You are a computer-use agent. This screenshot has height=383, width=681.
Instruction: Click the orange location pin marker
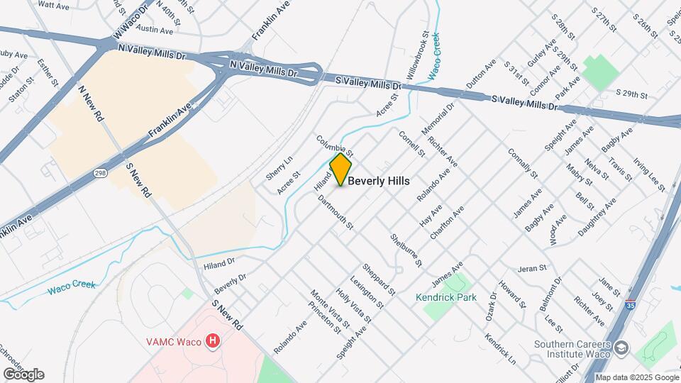pyautogui.click(x=341, y=169)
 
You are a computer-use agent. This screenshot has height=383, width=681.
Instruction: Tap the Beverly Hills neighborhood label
pyautogui.click(x=379, y=182)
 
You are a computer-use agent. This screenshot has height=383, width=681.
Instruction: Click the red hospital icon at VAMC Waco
pyautogui.click(x=212, y=342)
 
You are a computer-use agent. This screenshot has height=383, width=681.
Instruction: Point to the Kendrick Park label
pyautogui.click(x=446, y=298)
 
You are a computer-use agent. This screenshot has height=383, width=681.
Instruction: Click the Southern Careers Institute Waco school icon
pyautogui.click(x=621, y=348)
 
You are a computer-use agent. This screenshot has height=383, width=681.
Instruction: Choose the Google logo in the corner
pyautogui.click(x=23, y=374)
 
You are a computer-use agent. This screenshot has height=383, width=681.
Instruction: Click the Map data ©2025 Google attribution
pyautogui.click(x=636, y=377)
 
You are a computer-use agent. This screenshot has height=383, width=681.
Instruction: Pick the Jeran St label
pyautogui.click(x=532, y=268)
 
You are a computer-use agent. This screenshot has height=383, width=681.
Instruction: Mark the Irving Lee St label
pyautogui.click(x=649, y=175)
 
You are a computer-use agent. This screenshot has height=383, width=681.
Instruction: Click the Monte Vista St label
pyautogui.click(x=323, y=309)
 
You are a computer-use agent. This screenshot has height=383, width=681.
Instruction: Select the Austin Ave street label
pyautogui.click(x=155, y=31)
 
